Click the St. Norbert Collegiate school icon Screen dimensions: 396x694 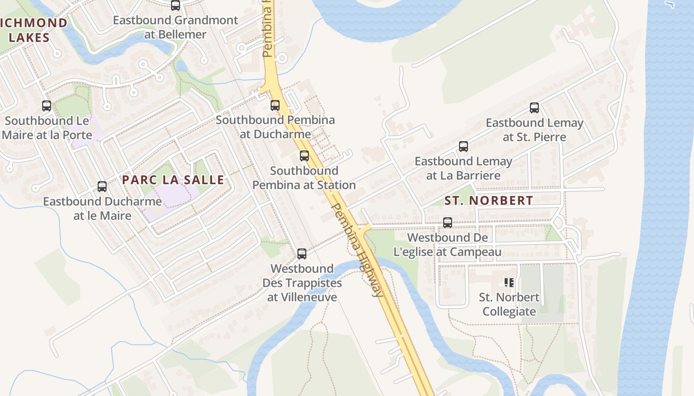509,283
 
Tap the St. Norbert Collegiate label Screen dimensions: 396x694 509,304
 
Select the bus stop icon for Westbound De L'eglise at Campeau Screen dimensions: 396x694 448,223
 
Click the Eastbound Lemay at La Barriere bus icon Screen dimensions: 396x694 463,147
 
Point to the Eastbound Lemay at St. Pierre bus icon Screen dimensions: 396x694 534,108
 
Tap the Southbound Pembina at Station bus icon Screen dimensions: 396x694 304,156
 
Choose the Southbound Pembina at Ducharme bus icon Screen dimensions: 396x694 275,105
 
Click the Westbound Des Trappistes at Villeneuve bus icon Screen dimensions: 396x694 301,254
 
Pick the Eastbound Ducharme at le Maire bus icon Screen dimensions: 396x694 102,187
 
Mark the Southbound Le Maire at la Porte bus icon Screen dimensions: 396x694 47,106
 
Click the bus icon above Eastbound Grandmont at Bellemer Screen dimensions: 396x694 175,5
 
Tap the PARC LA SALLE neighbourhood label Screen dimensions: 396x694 173,180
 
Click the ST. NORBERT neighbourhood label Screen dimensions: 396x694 489,200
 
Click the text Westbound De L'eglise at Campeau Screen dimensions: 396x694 448,245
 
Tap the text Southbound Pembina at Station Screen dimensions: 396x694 304,178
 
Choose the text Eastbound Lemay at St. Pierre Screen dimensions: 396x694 534,130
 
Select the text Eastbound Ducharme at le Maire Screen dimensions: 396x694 102,208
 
